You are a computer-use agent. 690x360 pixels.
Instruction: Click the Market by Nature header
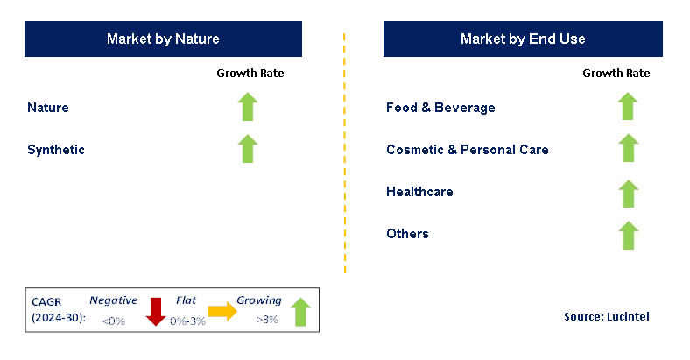pyautogui.click(x=163, y=39)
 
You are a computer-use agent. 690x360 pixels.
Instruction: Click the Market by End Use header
pyautogui.click(x=523, y=39)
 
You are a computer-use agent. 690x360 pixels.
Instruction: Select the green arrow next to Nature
pyautogui.click(x=248, y=107)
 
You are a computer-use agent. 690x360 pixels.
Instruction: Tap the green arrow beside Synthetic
pyautogui.click(x=248, y=149)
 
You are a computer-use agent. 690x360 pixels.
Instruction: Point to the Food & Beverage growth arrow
pyautogui.click(x=628, y=106)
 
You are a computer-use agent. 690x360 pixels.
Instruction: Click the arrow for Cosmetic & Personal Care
pyautogui.click(x=629, y=148)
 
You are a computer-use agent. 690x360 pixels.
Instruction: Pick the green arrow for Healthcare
pyautogui.click(x=629, y=194)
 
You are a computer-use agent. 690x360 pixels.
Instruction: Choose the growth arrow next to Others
pyautogui.click(x=629, y=235)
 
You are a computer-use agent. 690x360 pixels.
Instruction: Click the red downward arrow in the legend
pyautogui.click(x=155, y=312)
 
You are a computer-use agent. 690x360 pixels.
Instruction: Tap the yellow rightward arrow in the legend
pyautogui.click(x=222, y=312)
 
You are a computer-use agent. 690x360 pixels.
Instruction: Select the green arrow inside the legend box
pyautogui.click(x=300, y=312)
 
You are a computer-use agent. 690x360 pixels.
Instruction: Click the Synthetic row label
pyautogui.click(x=56, y=150)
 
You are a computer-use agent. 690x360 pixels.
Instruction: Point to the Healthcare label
pyautogui.click(x=419, y=192)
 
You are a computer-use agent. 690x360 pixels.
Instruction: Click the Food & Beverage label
pyautogui.click(x=440, y=108)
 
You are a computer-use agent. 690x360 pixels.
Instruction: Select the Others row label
pyautogui.click(x=407, y=233)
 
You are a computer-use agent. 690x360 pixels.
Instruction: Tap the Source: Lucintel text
pyautogui.click(x=607, y=316)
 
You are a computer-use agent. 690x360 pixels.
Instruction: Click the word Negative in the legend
pyautogui.click(x=114, y=300)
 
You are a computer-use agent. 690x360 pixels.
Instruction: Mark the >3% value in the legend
pyautogui.click(x=268, y=320)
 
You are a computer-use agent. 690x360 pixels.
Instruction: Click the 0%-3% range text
pyautogui.click(x=188, y=321)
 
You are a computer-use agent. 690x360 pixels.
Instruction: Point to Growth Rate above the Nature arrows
pyautogui.click(x=250, y=73)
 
